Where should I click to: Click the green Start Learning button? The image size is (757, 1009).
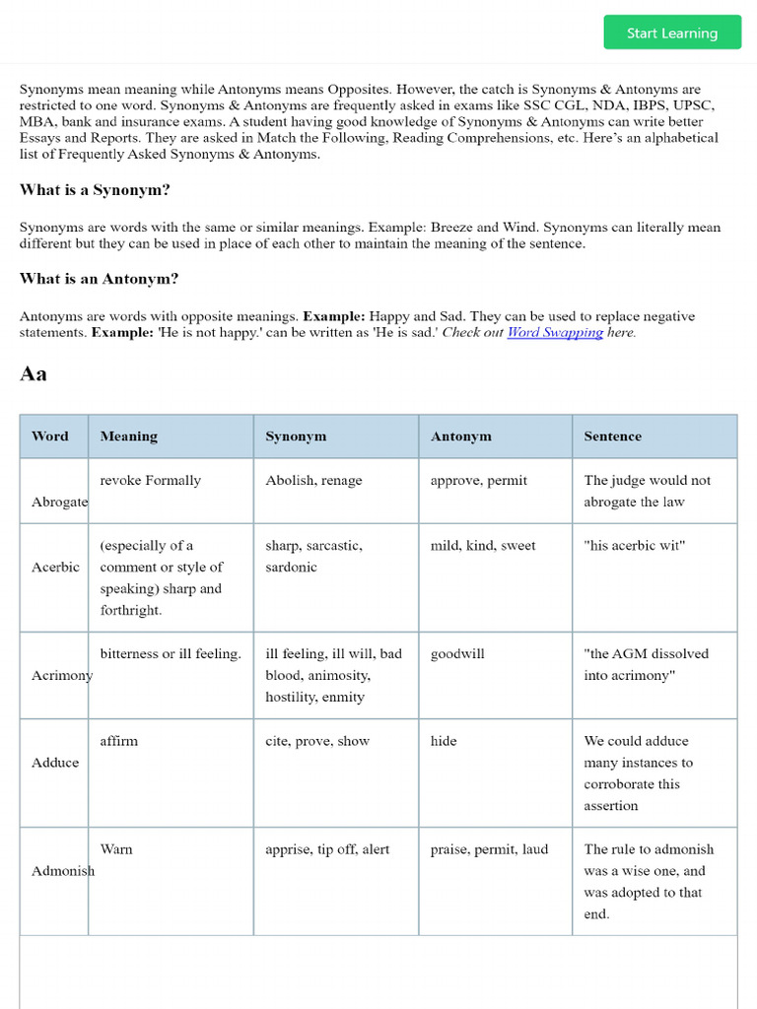point(672,33)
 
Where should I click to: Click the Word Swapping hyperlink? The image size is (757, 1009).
point(555,333)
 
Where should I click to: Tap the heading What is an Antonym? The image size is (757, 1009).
point(99,279)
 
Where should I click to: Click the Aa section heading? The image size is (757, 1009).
point(34,374)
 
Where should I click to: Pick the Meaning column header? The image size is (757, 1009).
point(128,437)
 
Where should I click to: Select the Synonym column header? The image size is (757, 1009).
point(296,437)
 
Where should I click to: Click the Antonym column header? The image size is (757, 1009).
point(460,437)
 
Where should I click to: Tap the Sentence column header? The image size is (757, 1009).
point(612,437)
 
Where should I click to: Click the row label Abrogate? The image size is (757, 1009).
point(60,502)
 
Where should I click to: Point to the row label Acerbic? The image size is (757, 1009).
point(56,568)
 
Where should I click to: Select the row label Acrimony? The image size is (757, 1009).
point(62,675)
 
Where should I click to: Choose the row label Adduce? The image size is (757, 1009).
point(55,763)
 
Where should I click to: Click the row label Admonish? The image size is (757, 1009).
point(63,871)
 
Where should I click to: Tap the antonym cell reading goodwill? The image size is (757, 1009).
point(457,654)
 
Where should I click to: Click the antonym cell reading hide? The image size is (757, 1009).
point(444,741)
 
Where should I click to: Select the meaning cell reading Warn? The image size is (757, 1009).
point(116,849)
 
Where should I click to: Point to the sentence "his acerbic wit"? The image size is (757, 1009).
point(634,546)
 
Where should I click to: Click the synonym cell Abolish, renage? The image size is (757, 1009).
point(313,481)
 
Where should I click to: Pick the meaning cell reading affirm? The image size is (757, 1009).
point(119,741)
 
